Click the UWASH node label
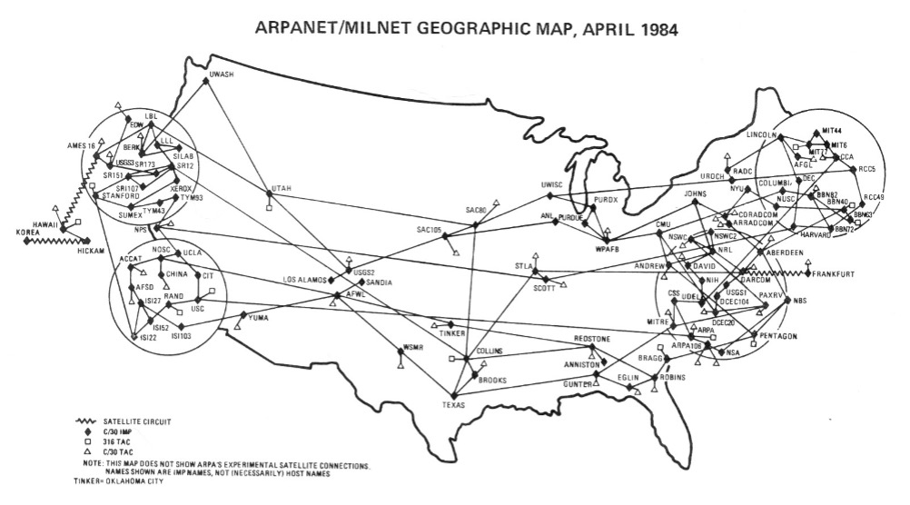(x=223, y=74)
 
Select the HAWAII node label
(x=45, y=223)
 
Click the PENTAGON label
(x=775, y=336)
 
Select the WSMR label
(x=413, y=347)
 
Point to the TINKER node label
(x=450, y=332)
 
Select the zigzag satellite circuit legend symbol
(x=93, y=421)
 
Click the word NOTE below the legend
(x=86, y=462)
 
